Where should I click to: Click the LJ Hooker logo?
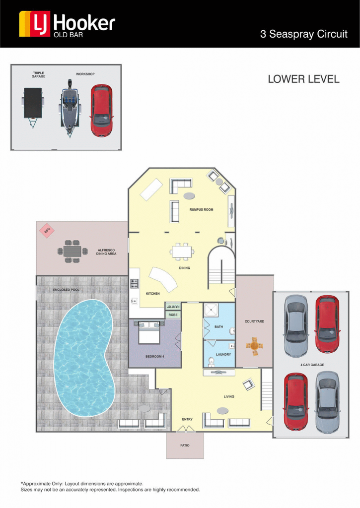tap(67, 24)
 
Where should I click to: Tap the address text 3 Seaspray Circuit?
tap(303, 34)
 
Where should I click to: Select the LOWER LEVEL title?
tap(303, 79)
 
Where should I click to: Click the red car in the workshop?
tap(101, 111)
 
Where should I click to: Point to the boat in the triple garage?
tap(70, 108)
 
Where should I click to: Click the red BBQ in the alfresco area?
tap(47, 230)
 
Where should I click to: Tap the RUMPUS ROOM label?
tap(202, 210)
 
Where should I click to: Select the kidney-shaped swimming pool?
tap(84, 358)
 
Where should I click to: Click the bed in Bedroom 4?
tap(149, 332)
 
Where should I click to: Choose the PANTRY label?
tap(173, 307)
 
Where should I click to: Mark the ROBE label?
tap(173, 315)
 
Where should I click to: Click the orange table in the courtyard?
tap(254, 346)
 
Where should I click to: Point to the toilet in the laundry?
tap(211, 361)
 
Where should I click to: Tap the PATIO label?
tap(185, 445)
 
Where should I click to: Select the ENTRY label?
tap(187, 419)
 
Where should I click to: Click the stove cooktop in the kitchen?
tap(134, 283)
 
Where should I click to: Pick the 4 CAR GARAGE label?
tap(312, 365)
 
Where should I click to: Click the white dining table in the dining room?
tap(182, 252)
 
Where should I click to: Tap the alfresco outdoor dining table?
tap(72, 251)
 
